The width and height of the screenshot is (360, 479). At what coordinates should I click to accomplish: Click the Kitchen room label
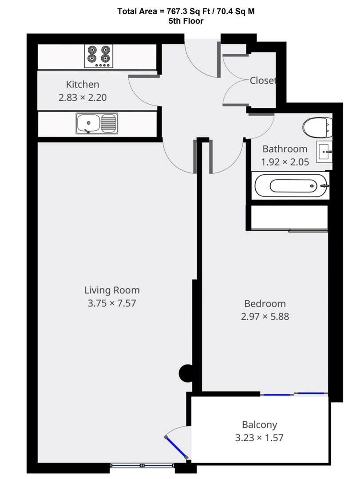(x=83, y=84)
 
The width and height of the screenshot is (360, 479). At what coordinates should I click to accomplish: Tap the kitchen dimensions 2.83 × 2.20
(x=83, y=98)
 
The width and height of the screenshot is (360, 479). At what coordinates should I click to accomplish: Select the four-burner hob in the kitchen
(x=99, y=56)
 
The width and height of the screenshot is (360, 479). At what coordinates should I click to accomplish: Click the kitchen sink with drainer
(x=97, y=123)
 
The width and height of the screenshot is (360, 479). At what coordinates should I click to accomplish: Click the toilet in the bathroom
(x=317, y=127)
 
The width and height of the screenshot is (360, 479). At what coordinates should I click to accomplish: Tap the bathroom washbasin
(x=324, y=152)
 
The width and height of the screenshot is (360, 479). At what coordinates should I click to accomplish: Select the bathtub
(x=292, y=185)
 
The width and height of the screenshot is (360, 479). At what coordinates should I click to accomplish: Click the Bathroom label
(x=285, y=149)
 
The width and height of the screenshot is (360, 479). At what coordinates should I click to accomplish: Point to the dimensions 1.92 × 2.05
(x=285, y=162)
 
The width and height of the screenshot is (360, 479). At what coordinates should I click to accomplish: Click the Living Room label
(x=112, y=290)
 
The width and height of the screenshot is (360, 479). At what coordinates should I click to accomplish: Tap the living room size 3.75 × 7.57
(x=112, y=303)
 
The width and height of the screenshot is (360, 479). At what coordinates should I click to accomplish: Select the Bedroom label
(x=265, y=303)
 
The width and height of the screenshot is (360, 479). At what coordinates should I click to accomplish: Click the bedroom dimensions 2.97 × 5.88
(x=265, y=317)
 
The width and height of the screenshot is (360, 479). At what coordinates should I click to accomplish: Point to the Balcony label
(x=259, y=424)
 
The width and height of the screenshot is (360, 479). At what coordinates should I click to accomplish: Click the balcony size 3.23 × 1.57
(x=259, y=437)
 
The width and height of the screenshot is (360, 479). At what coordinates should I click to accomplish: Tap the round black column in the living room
(x=186, y=373)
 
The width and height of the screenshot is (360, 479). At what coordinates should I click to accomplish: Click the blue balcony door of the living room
(x=177, y=448)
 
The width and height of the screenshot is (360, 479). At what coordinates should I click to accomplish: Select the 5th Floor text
(x=186, y=21)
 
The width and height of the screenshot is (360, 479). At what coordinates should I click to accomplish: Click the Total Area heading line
(x=186, y=12)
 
